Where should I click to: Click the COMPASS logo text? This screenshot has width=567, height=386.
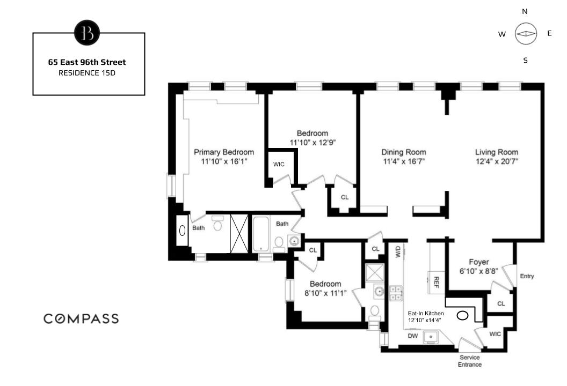(81, 319)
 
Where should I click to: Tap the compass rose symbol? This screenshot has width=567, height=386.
(525, 34)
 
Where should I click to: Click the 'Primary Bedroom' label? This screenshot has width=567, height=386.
(224, 152)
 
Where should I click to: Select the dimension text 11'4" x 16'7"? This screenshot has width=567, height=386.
(404, 161)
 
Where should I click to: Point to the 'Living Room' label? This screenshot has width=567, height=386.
(497, 152)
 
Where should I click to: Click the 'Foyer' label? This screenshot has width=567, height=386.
(479, 262)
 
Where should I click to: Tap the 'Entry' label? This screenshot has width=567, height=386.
(527, 276)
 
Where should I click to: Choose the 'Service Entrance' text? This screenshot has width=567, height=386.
(470, 361)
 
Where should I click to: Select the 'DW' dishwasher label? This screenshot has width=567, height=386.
(413, 336)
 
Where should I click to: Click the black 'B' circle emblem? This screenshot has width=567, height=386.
(87, 33)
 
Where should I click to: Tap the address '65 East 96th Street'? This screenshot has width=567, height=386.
(87, 62)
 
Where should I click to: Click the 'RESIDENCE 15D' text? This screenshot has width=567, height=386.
(87, 72)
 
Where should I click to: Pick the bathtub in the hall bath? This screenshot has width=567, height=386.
(262, 234)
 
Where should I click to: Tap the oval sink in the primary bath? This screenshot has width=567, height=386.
(183, 231)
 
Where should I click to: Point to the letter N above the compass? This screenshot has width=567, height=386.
(525, 11)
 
